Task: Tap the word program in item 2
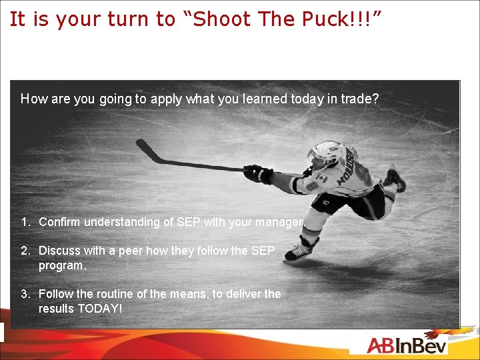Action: [x=62, y=265]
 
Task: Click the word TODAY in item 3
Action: [x=99, y=309]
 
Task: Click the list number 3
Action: [x=25, y=294]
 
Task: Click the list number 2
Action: [x=25, y=251]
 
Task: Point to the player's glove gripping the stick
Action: [x=257, y=173]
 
